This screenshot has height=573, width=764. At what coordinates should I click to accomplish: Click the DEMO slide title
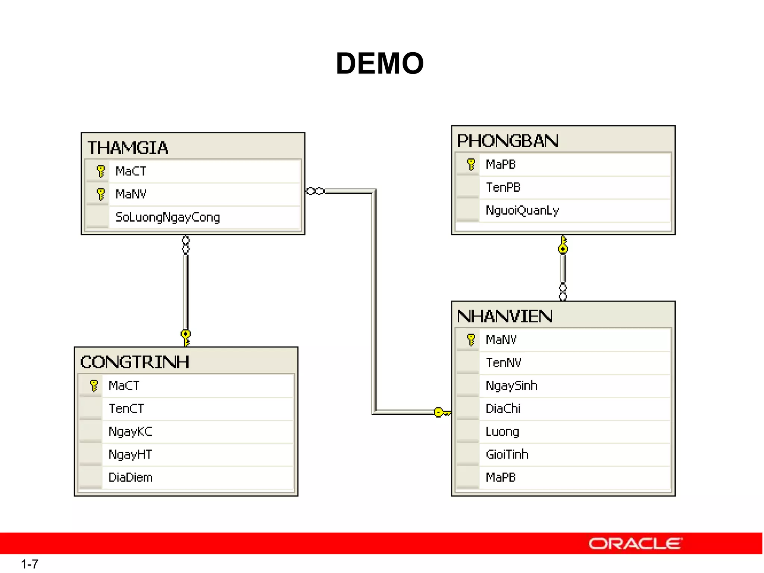point(380,63)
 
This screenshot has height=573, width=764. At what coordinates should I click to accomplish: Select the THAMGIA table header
point(128,148)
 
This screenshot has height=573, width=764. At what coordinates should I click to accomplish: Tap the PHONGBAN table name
point(507,141)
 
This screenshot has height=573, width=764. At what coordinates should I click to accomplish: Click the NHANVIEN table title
point(504,316)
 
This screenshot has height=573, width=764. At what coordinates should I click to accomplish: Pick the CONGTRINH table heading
point(135,362)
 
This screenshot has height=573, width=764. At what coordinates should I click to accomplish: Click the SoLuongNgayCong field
point(167,217)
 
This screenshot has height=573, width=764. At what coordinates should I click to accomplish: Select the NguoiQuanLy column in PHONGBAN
point(522,210)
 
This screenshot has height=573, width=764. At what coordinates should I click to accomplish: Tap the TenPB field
point(503,187)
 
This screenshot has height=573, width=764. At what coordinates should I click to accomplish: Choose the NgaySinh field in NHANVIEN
point(511,386)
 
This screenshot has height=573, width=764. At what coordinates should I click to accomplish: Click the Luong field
point(502,432)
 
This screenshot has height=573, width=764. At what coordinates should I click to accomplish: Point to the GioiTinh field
point(507,454)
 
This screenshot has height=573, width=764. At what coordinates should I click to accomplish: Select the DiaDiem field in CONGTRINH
point(130,477)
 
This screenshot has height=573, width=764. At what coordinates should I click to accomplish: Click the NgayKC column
point(130,432)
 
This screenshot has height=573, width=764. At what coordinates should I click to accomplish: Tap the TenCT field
point(126,408)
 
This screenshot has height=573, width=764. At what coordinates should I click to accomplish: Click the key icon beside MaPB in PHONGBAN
point(471,164)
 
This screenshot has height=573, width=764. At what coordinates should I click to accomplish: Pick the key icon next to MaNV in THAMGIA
point(100,194)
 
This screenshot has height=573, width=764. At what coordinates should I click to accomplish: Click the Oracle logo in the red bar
point(635,544)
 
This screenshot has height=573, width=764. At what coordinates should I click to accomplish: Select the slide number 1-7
point(29,564)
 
